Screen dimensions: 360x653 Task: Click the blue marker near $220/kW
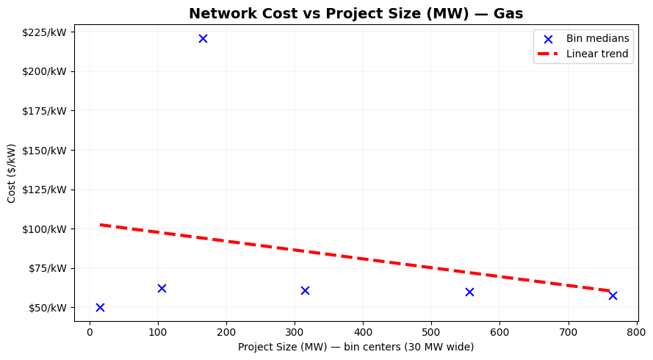(x=203, y=38)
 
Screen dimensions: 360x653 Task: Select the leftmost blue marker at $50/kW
(x=100, y=307)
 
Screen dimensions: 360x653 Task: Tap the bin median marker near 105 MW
(x=162, y=288)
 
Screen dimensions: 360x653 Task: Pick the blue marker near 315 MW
(x=305, y=290)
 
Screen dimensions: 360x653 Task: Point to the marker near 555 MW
(x=469, y=292)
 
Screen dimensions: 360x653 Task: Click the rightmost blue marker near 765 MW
(x=613, y=295)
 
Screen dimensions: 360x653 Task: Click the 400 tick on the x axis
(x=363, y=332)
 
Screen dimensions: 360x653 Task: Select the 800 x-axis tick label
(x=636, y=332)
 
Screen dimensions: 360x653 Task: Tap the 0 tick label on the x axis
(x=90, y=332)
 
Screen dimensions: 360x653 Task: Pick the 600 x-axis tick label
(x=499, y=332)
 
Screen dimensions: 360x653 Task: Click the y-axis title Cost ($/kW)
(x=12, y=173)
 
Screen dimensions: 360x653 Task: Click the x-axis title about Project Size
(x=356, y=347)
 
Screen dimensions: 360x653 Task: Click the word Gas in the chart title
(x=508, y=13)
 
